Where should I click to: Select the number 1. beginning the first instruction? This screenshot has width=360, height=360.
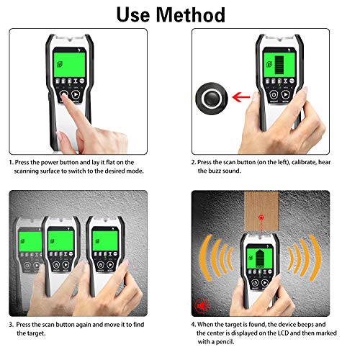click(x=12, y=163)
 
